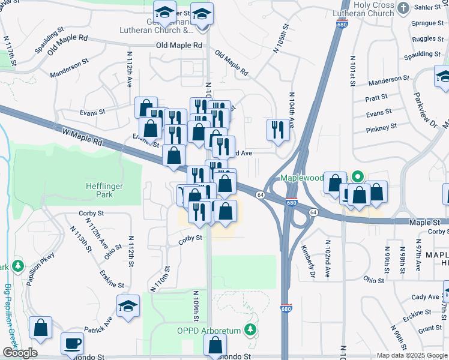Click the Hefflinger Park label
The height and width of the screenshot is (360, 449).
pyautogui.click(x=104, y=191)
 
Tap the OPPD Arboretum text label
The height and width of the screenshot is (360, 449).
pyautogui.click(x=208, y=331)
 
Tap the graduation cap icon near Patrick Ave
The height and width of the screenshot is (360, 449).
pyautogui.click(x=128, y=306)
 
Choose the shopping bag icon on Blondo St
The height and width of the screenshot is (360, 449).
pyautogui.click(x=215, y=346)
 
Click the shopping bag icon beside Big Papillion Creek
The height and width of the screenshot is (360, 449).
pyautogui.click(x=40, y=328)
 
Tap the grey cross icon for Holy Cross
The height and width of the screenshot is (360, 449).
pyautogui.click(x=403, y=8)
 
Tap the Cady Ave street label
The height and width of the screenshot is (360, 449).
pyautogui.click(x=425, y=297)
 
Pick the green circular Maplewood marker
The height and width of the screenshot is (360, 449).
pyautogui.click(x=357, y=177)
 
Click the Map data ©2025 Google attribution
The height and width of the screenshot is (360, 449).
pyautogui.click(x=411, y=355)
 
